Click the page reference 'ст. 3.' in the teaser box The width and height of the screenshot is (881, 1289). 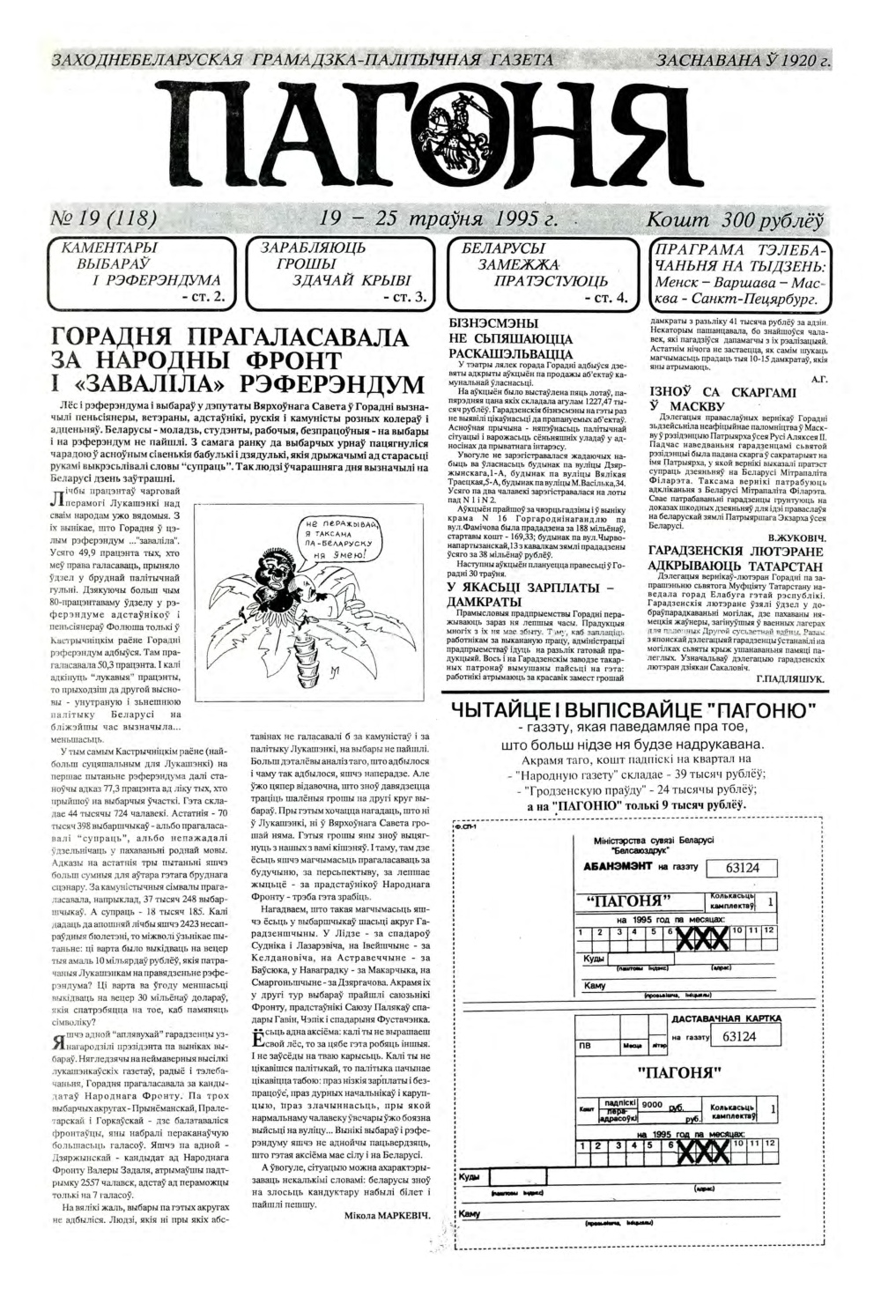[x=405, y=299]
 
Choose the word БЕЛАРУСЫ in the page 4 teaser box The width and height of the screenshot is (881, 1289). [x=503, y=248]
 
